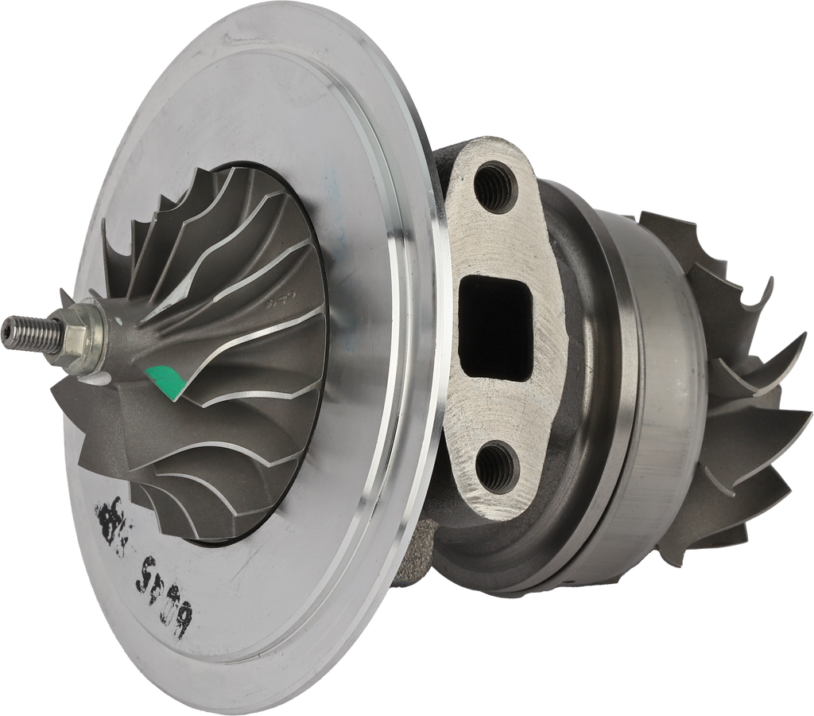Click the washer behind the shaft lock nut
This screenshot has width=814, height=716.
point(93,344)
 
